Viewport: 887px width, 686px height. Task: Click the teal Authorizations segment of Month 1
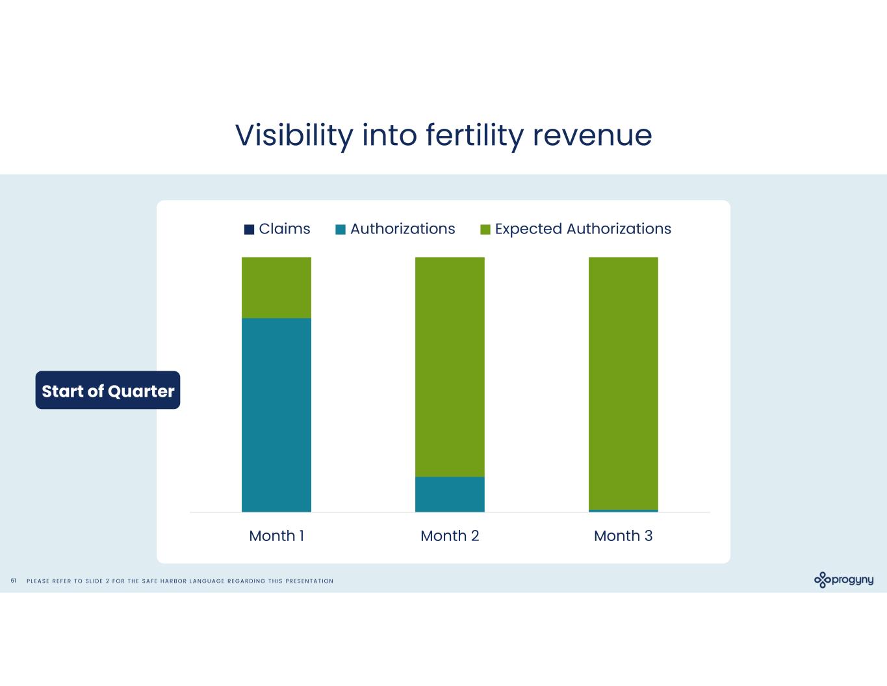(276, 414)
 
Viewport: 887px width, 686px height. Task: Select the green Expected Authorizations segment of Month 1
(276, 287)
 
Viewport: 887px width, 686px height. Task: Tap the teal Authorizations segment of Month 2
(450, 494)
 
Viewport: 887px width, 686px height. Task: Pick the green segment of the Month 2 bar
(450, 367)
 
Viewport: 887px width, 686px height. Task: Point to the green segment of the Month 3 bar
(623, 383)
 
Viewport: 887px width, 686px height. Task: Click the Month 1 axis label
(276, 536)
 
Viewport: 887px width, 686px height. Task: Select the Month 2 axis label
(450, 536)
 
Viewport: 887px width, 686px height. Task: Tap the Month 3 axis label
(623, 536)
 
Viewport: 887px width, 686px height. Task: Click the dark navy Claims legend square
(249, 230)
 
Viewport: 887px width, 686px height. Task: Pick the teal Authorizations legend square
(341, 230)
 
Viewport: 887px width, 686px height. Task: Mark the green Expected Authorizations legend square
(485, 230)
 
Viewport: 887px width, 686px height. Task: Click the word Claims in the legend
(285, 229)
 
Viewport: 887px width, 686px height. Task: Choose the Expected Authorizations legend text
(583, 229)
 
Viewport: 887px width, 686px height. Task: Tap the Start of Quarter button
(108, 390)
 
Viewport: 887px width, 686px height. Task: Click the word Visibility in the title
(294, 135)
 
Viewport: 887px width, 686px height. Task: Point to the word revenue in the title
(592, 135)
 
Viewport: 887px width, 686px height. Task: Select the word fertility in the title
(474, 135)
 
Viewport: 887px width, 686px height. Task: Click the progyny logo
(843, 579)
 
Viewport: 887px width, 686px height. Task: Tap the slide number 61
(13, 581)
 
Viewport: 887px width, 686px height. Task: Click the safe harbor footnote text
(180, 581)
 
